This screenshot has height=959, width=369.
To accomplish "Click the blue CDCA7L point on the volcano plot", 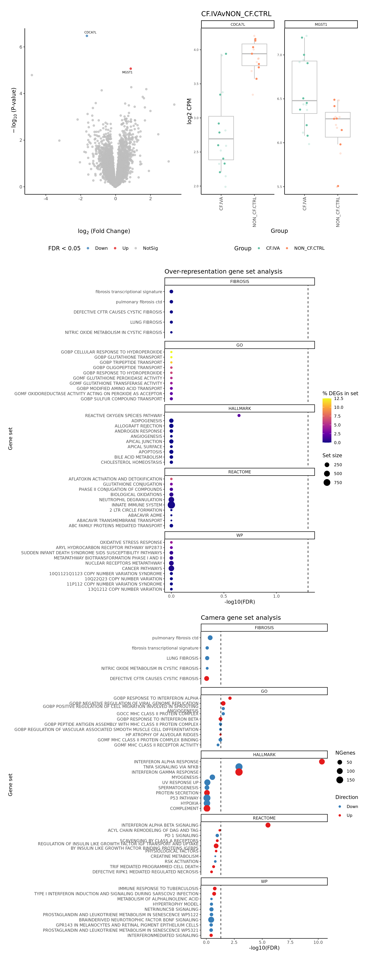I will tap(87, 36).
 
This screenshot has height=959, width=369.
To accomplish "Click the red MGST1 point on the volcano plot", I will tap(131, 69).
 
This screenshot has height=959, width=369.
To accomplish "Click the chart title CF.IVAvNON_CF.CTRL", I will tap(236, 14).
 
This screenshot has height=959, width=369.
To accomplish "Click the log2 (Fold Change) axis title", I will tap(104, 231).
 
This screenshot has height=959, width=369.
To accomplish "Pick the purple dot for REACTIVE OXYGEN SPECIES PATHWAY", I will tap(239, 416).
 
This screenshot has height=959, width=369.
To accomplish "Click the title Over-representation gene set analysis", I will tap(223, 271).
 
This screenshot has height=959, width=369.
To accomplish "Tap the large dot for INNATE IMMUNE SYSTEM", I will tap(171, 505).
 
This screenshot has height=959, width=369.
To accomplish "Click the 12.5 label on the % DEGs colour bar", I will tap(338, 398).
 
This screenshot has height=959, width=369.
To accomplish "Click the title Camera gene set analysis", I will tap(241, 618).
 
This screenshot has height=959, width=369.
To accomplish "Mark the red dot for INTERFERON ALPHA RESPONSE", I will tap(322, 762).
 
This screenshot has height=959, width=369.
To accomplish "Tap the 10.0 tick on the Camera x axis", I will tap(318, 942).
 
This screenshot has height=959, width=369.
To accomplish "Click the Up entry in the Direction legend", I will tap(349, 815).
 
